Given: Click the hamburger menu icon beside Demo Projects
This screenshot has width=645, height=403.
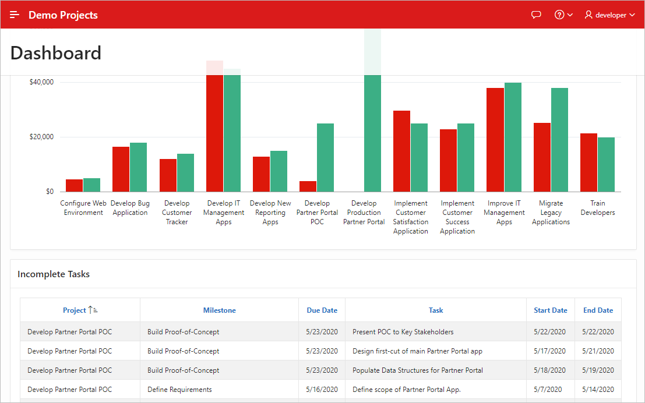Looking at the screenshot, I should tap(15, 15).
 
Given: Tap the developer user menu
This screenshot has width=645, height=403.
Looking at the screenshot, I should tap(609, 15).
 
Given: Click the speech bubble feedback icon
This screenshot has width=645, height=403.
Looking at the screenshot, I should tap(537, 15).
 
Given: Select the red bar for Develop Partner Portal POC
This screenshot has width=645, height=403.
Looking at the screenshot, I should tap(308, 186).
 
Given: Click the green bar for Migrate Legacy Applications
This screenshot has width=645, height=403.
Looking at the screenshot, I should tap(559, 140).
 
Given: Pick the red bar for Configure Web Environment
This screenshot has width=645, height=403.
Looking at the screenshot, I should tap(74, 186).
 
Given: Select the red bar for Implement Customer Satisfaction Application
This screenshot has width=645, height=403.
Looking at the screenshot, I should tap(402, 151).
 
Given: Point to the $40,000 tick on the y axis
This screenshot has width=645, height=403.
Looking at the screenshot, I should tap(41, 82).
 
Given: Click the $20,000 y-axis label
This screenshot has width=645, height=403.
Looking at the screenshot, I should tap(41, 137).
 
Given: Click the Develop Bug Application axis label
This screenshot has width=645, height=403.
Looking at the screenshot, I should tap(130, 208).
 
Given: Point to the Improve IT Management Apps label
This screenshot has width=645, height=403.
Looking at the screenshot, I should tap(504, 213).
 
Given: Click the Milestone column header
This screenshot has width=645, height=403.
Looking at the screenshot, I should tap(219, 310).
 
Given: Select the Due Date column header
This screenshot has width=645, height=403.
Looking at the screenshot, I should tap(322, 310).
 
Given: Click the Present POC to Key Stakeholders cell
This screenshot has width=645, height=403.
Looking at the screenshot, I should tap(403, 332).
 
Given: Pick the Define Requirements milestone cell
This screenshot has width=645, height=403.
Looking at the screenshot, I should tap(179, 390).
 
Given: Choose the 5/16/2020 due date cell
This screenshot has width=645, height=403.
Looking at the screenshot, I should tap(322, 390).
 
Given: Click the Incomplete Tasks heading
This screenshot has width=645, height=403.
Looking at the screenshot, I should tap(54, 274).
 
